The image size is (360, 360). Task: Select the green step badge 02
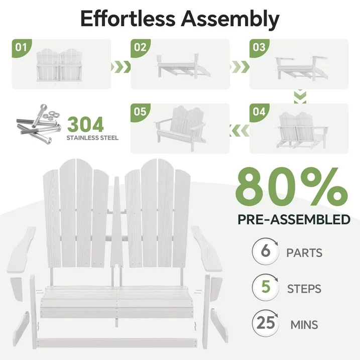(140, 48)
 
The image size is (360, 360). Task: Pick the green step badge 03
(259, 48)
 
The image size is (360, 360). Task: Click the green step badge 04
(259, 112)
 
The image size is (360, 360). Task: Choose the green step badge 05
(140, 112)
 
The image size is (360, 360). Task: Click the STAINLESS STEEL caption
(93, 138)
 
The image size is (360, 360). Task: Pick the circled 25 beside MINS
(265, 324)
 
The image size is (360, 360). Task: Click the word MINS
(304, 325)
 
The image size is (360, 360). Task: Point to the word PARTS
(304, 253)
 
